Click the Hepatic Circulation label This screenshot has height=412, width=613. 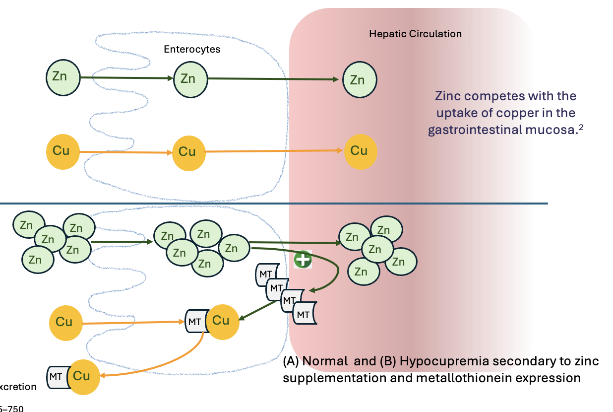coord(415,34)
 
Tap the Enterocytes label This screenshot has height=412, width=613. coord(192,50)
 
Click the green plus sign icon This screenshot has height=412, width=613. coord(303,260)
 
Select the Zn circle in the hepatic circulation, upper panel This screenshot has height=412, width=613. coord(360,79)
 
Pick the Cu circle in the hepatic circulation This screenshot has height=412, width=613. coord(361,151)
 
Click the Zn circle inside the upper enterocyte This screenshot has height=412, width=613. coord(190,78)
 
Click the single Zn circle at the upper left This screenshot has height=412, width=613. coord(63,77)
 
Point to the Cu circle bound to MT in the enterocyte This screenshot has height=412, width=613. coord(222,321)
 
